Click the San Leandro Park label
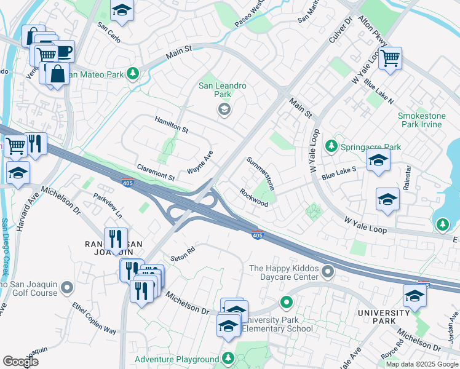(223, 90)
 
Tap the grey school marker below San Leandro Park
(224, 110)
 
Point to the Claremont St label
(156, 171)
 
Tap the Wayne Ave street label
(200, 163)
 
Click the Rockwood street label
(254, 197)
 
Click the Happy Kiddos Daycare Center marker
(328, 271)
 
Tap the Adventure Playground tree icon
(228, 358)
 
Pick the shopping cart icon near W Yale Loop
(390, 58)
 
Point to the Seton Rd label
(183, 253)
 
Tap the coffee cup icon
(63, 51)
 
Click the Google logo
(20, 362)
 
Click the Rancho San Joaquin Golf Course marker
(67, 287)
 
